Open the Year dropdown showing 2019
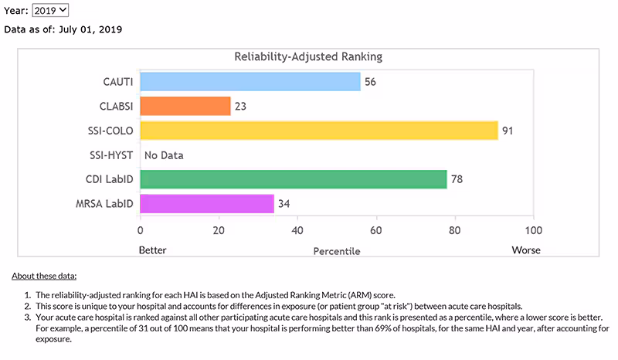coord(50,10)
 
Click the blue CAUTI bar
coord(250,81)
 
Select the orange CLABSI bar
coord(185,106)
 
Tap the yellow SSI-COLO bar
coord(318,131)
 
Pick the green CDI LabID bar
coord(293,179)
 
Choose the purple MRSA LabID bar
coord(206,204)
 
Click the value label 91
coord(508,131)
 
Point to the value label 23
coord(240,106)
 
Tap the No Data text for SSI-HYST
coord(164,155)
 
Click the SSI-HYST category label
coord(111,155)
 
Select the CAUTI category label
coord(117,81)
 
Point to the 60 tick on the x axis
coord(376,230)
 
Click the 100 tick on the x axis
coord(533,230)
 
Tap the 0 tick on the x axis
coord(140,230)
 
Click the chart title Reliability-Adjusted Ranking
coord(308,57)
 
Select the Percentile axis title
coord(336,251)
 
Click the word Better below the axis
coord(152,250)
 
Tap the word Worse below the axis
coord(526,250)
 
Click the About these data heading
coord(44,276)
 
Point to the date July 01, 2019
coord(90,29)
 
